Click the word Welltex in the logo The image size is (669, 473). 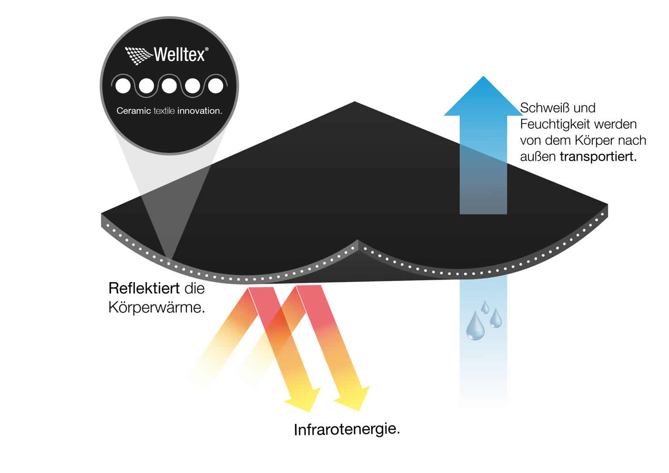tap(179, 55)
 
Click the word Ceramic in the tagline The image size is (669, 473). tap(133, 111)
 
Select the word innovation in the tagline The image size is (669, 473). tap(200, 111)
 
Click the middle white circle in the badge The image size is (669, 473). tap(169, 86)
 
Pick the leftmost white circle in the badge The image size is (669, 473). tap(123, 86)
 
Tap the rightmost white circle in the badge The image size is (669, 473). tap(215, 86)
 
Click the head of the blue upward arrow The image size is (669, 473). tap(483, 98)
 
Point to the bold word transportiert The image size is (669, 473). tap(598, 157)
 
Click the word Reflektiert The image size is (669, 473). tap(144, 288)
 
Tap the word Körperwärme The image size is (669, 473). tap(156, 308)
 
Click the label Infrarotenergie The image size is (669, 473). tap(346, 429)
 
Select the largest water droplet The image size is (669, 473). tap(475, 326)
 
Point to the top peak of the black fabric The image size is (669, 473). tap(355, 103)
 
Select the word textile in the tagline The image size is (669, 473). tap(164, 111)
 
